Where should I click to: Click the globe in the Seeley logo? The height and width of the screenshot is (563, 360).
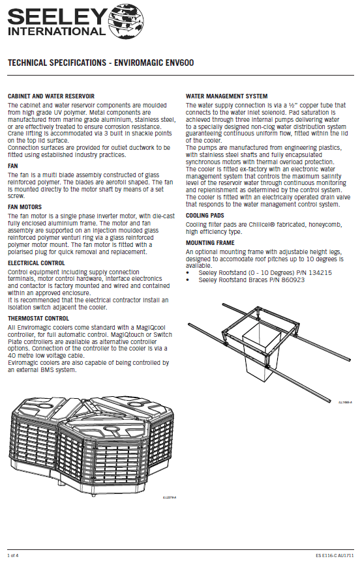pos(126,22)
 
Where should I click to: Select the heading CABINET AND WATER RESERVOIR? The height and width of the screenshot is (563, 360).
pos(51,96)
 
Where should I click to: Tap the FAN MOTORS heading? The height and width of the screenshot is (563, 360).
pos(25,207)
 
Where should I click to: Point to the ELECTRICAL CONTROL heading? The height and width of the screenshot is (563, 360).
pos(37,263)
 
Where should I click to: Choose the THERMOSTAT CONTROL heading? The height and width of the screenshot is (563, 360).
pos(38,318)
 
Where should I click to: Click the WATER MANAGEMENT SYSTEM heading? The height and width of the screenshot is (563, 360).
pos(227,96)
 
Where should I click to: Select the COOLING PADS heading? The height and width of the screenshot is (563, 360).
pos(205,216)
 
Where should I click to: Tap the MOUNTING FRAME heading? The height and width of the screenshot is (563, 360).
pos(210,242)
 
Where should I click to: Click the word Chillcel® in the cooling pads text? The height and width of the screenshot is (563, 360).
pos(260,225)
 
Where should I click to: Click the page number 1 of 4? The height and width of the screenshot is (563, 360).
pos(13,555)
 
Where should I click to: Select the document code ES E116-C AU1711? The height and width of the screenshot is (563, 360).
pos(335,555)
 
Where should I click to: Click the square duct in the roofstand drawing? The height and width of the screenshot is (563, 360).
pos(261,348)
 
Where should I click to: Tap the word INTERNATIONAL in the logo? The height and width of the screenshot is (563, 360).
pos(57,31)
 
